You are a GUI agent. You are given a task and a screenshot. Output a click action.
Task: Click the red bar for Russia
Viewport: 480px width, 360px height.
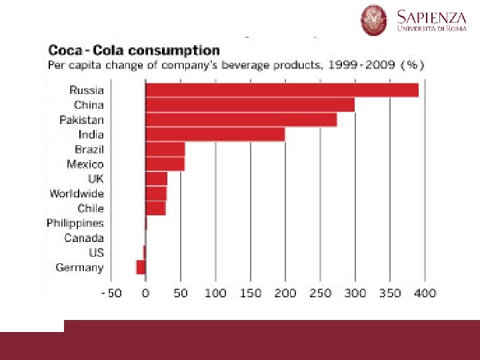pyautogui.click(x=281, y=90)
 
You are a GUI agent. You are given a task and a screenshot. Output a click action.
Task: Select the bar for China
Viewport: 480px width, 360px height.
pyautogui.click(x=250, y=105)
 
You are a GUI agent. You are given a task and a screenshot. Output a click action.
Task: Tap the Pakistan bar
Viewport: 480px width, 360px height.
pyautogui.click(x=241, y=119)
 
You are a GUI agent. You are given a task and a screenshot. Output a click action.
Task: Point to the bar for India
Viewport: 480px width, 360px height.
pyautogui.click(x=215, y=134)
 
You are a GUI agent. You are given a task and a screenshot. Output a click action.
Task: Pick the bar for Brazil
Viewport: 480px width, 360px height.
pyautogui.click(x=165, y=149)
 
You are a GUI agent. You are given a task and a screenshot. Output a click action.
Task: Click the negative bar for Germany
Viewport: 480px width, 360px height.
pyautogui.click(x=141, y=267)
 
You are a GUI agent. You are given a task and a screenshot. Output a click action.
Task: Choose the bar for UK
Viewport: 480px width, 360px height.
pyautogui.click(x=156, y=179)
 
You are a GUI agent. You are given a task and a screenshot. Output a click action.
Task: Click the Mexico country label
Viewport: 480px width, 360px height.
pyautogui.click(x=85, y=164)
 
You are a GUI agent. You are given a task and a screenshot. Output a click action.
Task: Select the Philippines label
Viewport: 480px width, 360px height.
pyautogui.click(x=75, y=223)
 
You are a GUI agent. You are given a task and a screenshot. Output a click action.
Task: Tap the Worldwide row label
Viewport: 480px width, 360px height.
pyautogui.click(x=77, y=193)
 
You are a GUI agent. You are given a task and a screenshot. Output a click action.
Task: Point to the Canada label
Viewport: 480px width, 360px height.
pyautogui.click(x=84, y=238)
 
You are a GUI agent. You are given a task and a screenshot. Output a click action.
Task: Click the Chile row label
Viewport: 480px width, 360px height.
pyautogui.click(x=91, y=208)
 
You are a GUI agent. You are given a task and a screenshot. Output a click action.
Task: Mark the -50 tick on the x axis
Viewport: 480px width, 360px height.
pyautogui.click(x=111, y=293)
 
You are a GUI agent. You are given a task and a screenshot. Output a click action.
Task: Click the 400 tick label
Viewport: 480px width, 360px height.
pyautogui.click(x=425, y=293)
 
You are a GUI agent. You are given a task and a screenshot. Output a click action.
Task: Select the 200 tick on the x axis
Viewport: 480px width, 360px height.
pyautogui.click(x=285, y=293)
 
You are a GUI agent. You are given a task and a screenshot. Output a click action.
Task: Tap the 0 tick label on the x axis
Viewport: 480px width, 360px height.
pyautogui.click(x=145, y=293)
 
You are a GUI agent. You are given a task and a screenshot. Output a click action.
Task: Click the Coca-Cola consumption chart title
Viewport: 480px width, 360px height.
pyautogui.click(x=133, y=50)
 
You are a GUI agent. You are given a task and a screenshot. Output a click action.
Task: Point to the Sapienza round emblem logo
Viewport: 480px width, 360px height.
pyautogui.click(x=374, y=20)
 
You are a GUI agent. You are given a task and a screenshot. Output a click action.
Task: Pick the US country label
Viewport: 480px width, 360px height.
pyautogui.click(x=96, y=253)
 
